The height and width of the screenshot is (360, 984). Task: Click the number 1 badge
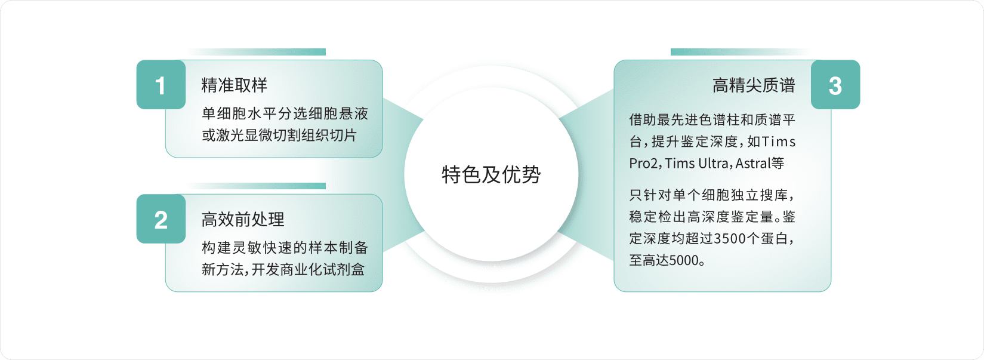161,84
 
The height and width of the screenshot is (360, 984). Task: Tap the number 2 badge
161,219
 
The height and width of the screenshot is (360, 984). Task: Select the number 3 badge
835,84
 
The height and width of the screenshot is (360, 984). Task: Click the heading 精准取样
234,85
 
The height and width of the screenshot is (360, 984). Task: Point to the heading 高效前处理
242,219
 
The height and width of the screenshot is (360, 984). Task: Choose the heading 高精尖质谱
754,85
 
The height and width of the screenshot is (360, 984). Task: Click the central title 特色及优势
491,174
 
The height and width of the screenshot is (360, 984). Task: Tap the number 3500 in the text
730,238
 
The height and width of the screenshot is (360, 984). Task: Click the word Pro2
643,164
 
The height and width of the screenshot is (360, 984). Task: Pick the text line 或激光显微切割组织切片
279,136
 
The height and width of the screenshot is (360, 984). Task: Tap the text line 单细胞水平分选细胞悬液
285,113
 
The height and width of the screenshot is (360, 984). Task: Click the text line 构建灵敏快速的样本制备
285,248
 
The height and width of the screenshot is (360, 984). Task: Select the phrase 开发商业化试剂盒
308,269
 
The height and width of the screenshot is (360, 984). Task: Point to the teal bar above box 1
257,52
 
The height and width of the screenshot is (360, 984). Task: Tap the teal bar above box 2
257,186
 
